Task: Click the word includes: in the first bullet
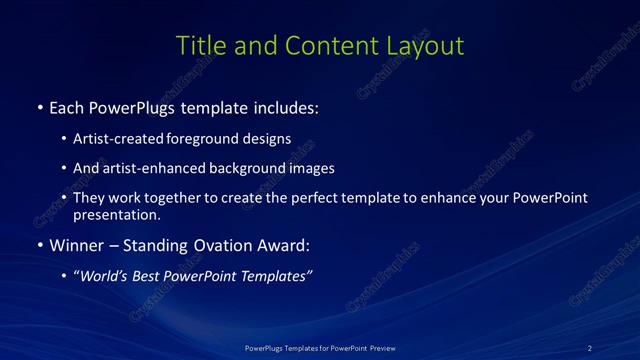coord(287,107)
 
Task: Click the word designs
coord(268,138)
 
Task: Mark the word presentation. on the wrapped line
coord(117,214)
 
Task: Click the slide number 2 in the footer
coord(590,347)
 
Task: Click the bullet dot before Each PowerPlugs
coord(39,107)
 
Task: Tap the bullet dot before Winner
coord(39,245)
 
